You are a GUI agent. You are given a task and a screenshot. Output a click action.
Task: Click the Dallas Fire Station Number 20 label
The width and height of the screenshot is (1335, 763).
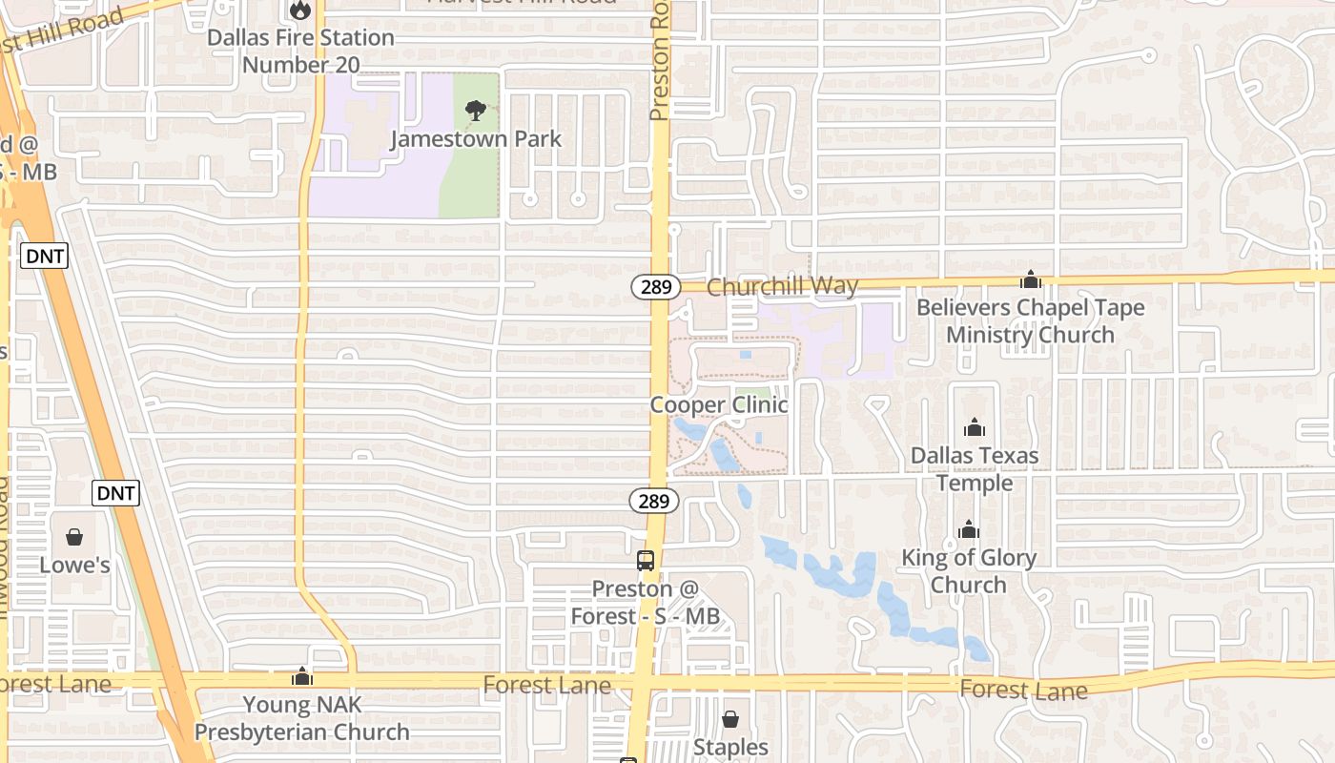tap(300, 51)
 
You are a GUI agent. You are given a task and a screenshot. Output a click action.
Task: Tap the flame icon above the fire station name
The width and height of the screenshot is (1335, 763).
tap(300, 10)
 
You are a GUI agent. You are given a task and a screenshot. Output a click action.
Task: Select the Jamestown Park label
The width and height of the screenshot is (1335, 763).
tap(475, 139)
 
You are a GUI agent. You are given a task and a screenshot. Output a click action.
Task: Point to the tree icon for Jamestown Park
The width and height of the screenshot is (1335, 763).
tap(475, 112)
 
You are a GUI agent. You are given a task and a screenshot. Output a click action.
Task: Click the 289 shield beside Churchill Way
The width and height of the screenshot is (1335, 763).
tap(655, 286)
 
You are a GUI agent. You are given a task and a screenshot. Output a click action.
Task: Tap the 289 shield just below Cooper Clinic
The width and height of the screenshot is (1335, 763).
tap(654, 500)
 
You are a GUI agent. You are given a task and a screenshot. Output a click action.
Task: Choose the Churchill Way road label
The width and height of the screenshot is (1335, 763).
tap(782, 286)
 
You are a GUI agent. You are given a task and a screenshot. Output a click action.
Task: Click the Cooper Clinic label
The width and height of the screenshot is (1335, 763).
tap(719, 405)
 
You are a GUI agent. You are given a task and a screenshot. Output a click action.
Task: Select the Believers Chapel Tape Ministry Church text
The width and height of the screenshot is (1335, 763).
tap(1030, 321)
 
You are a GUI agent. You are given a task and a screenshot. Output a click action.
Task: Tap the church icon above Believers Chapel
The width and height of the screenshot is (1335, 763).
tap(1030, 280)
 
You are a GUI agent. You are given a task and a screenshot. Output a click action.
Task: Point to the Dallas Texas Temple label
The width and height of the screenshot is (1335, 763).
tap(974, 468)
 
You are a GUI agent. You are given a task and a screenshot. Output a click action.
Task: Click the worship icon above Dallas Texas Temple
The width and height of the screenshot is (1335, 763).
tap(974, 427)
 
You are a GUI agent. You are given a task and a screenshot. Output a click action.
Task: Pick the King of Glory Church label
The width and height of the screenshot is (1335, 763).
tap(969, 570)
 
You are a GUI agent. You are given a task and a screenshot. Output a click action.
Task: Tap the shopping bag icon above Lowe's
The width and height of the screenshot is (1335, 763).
tap(74, 537)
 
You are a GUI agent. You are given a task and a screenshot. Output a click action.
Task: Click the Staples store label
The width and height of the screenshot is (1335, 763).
tap(730, 747)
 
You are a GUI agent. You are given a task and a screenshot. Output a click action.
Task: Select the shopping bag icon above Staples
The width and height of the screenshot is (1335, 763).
tap(730, 719)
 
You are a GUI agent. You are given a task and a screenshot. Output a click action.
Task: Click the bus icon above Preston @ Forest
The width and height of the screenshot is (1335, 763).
tap(646, 561)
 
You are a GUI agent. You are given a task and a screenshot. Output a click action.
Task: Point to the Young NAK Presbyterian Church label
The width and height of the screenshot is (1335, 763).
tap(302, 718)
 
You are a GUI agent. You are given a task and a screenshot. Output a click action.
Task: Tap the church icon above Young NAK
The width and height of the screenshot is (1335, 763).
tap(302, 677)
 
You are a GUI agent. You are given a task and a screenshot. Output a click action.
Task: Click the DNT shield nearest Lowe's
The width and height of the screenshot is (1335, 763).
tap(116, 493)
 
